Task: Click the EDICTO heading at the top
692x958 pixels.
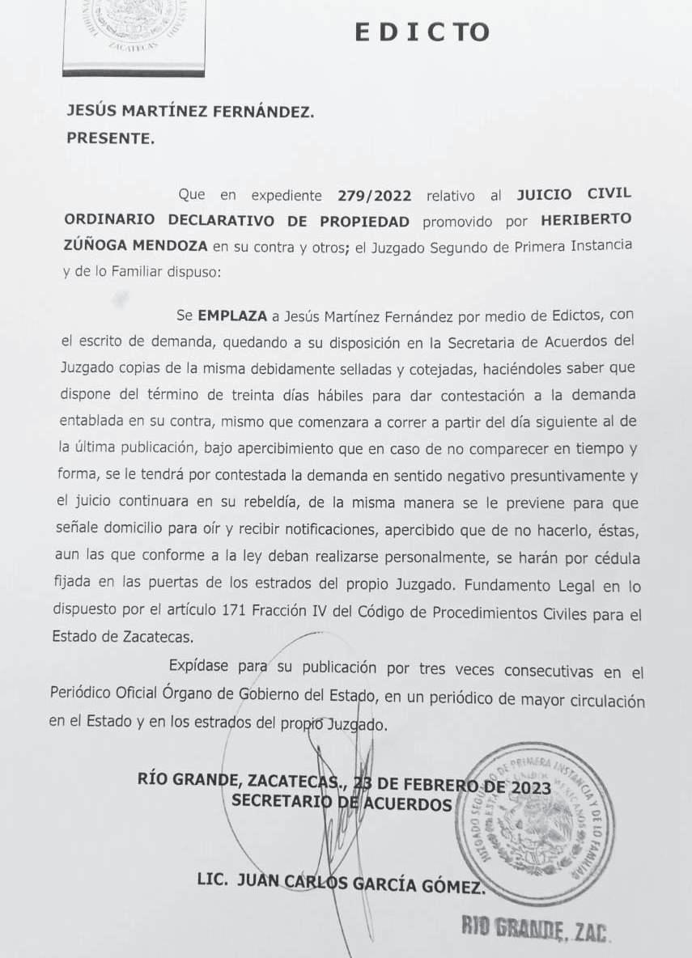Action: point(422,31)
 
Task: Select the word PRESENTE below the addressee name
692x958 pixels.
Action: point(109,138)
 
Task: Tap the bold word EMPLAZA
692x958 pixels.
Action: point(231,314)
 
